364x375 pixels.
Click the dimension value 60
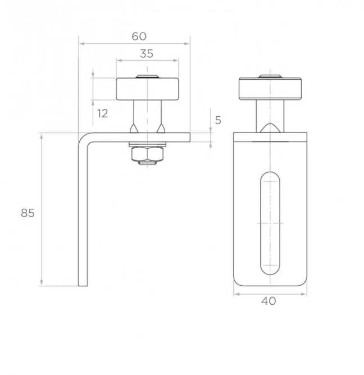[x=139, y=36]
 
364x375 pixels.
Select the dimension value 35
[x=146, y=54]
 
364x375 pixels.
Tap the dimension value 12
[x=102, y=113]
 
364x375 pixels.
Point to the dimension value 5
[x=218, y=120]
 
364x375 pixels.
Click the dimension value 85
[x=28, y=213]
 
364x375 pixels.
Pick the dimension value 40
[x=269, y=301]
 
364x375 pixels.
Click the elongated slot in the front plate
[x=270, y=223]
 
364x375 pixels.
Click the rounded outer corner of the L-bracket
[x=83, y=138]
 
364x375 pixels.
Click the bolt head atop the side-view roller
[x=147, y=77]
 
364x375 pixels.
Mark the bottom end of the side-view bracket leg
[x=83, y=285]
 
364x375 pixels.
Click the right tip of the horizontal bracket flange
[x=189, y=137]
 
